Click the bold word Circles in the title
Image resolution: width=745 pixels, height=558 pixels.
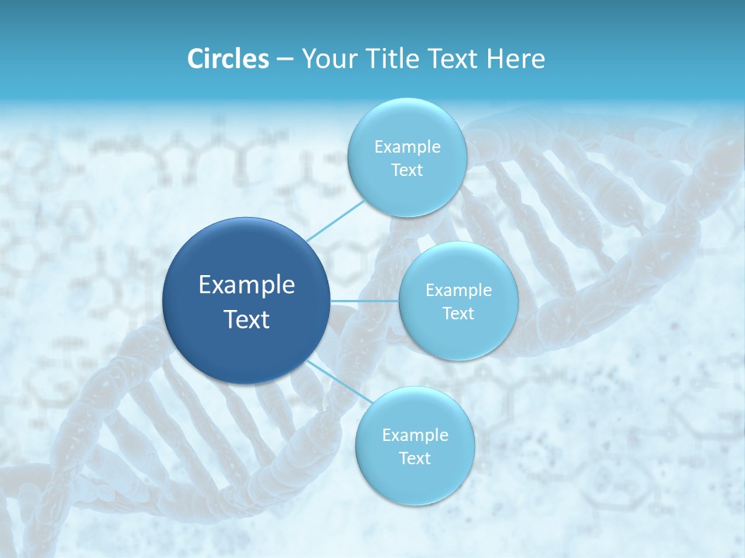tap(227, 59)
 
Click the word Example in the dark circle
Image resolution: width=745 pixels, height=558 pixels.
tap(247, 285)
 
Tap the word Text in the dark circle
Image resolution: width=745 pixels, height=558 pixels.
tap(247, 319)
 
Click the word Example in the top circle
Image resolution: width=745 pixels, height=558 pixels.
tap(407, 147)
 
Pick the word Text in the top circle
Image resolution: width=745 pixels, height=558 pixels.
tap(407, 170)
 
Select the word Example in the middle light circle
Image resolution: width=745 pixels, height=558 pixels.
tap(458, 291)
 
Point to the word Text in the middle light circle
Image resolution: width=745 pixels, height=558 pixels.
tap(458, 314)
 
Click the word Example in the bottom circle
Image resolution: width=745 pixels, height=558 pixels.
tap(414, 436)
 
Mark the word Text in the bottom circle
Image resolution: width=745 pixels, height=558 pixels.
tap(414, 459)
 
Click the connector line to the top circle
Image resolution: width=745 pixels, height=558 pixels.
tap(335, 220)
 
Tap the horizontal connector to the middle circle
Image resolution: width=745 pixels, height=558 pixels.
tap(365, 301)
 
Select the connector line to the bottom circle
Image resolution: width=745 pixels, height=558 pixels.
tap(338, 381)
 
